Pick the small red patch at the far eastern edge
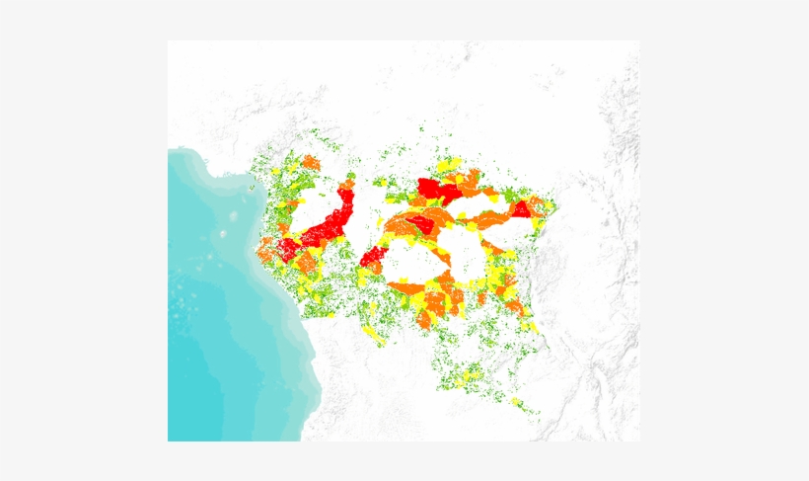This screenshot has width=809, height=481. point(521,209)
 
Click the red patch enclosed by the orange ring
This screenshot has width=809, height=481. point(416,225)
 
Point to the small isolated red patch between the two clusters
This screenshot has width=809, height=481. point(372,259)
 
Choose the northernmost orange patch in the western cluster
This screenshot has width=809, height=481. point(311,162)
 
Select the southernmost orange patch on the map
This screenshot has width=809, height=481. point(424,321)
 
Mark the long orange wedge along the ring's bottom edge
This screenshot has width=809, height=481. point(406,288)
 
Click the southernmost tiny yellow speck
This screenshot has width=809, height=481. point(515,402)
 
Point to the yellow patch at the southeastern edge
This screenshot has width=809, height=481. point(531,326)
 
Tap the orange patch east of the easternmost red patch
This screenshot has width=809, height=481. point(536,205)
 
